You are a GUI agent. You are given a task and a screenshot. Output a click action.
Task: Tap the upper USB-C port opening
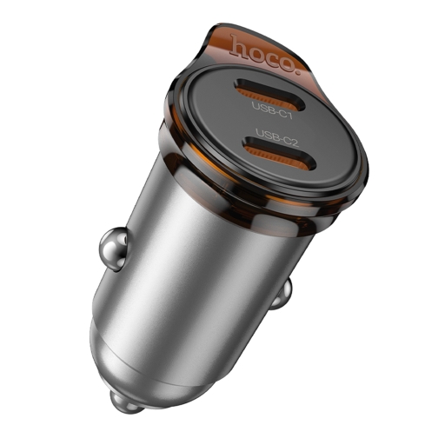(x=276, y=90)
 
